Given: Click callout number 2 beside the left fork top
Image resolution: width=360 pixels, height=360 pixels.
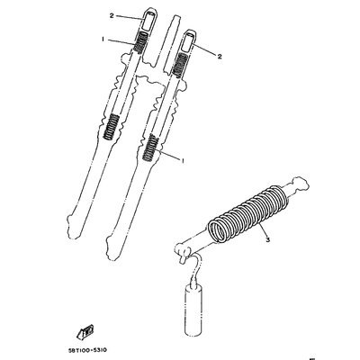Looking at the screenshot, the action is click(112, 16).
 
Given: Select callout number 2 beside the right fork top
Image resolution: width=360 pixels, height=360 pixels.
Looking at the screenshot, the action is click(220, 57).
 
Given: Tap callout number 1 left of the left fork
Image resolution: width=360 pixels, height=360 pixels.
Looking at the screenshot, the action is click(103, 40).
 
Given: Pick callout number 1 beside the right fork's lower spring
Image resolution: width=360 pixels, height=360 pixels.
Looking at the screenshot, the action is click(182, 161).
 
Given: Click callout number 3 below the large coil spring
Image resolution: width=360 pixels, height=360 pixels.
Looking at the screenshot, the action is click(268, 239).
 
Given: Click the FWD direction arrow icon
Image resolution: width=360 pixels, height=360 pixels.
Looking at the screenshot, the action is click(84, 330).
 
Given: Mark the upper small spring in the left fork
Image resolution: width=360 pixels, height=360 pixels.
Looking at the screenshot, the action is click(139, 42).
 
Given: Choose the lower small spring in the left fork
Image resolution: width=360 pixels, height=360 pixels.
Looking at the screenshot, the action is click(111, 127).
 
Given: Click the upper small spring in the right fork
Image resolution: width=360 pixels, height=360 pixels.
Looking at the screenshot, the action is click(181, 66).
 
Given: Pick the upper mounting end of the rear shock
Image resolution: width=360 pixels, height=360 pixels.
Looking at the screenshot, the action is click(299, 184).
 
